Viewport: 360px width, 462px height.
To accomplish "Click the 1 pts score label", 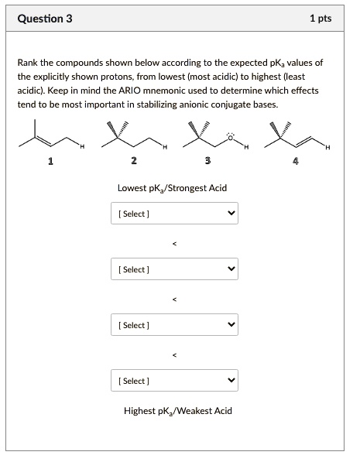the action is (320, 18).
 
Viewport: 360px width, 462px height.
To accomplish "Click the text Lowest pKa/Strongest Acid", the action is (172, 188).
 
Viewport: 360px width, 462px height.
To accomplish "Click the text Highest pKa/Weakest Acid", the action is (177, 410).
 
